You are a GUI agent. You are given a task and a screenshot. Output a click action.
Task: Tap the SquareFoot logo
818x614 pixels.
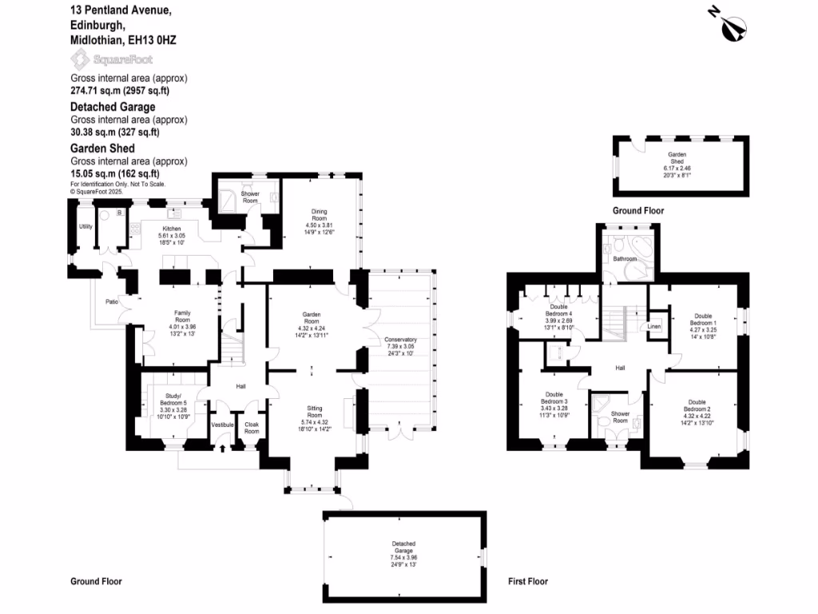111,59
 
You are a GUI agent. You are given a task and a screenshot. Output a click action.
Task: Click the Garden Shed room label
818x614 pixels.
677,157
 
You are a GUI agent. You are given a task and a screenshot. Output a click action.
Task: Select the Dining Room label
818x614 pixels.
319,214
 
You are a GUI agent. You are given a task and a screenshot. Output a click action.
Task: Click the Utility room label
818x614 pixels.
85,226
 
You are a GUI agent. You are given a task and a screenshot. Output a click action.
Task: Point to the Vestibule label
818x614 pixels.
222,425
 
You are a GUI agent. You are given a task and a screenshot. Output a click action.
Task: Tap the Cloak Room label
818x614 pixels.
252,428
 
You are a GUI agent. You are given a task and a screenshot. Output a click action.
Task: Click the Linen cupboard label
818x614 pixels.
654,326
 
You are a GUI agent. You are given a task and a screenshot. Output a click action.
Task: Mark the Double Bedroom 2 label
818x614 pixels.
697,405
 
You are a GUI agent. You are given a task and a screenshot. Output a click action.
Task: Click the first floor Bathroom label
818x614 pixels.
625,259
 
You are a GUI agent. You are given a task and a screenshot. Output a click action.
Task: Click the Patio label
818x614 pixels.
113,301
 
